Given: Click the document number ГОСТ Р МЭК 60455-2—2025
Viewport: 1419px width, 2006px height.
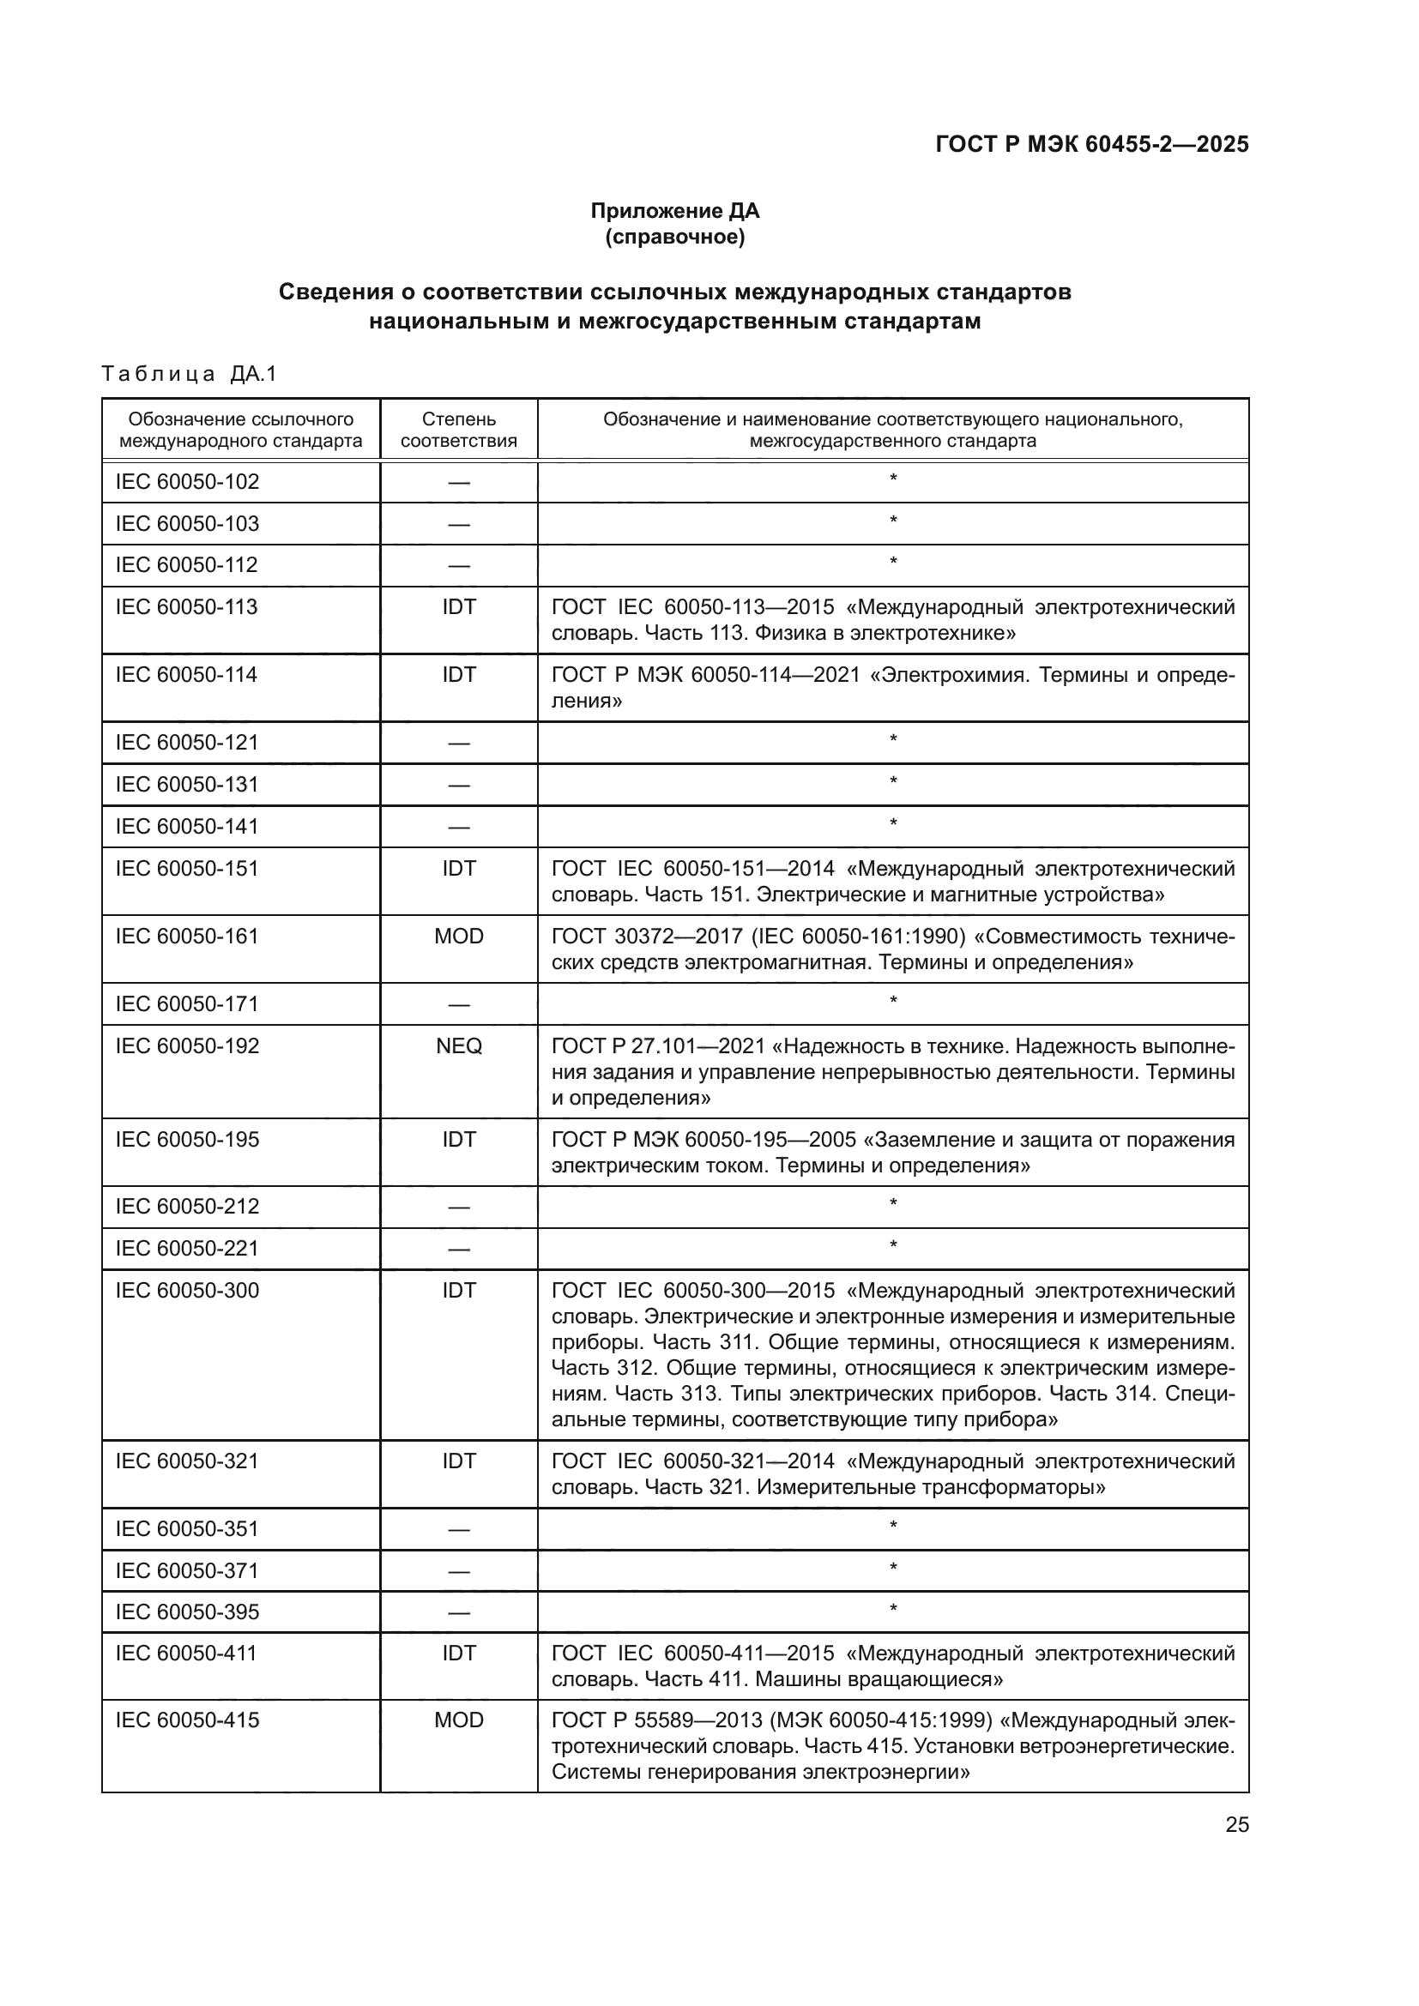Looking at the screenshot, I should click(1091, 144).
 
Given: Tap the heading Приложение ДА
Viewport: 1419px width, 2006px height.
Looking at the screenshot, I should click(674, 211).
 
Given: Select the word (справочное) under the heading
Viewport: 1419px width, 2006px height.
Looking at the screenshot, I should click(674, 237).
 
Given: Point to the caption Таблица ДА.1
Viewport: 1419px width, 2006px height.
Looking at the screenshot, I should click(189, 374).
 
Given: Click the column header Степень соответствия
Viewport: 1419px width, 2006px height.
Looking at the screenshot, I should click(459, 430).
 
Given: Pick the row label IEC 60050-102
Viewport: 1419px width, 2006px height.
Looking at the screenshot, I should click(187, 481).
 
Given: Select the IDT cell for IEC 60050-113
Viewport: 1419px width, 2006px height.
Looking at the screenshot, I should click(459, 607).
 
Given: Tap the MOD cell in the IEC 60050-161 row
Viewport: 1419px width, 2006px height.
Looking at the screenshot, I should click(459, 937).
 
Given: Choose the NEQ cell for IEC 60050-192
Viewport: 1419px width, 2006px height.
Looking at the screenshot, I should click(459, 1046).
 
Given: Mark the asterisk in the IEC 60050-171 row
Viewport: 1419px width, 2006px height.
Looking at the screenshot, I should click(893, 1001).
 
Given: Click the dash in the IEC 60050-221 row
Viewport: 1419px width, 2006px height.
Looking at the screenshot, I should click(459, 1250).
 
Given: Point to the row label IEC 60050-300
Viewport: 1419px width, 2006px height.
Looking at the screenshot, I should click(187, 1291).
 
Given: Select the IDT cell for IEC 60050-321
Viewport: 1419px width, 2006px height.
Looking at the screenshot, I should click(459, 1461).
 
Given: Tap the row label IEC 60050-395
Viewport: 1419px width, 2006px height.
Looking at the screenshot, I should click(187, 1612).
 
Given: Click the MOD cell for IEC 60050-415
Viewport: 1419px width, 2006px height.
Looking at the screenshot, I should click(459, 1720).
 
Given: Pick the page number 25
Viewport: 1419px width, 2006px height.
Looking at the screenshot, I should click(1236, 1825).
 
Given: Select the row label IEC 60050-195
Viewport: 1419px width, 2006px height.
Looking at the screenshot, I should click(187, 1139).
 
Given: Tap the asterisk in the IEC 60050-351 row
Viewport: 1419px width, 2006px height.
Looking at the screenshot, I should click(893, 1527).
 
